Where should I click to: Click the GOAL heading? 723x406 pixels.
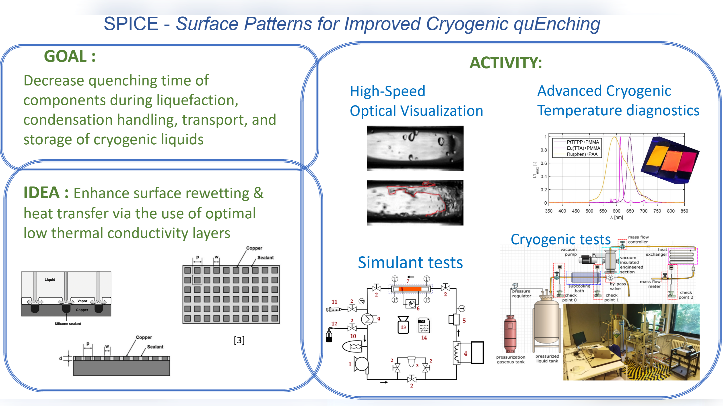[x=70, y=56]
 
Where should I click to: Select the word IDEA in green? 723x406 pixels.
[x=41, y=193]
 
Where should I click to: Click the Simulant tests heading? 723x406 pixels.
[x=410, y=263]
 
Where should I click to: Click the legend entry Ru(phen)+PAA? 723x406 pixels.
[x=582, y=154]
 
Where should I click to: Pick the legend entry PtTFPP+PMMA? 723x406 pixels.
[x=583, y=142]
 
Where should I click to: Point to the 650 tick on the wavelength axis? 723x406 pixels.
[x=630, y=211]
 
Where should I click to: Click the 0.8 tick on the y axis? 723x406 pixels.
[x=543, y=150]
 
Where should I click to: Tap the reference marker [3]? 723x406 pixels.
[x=239, y=340]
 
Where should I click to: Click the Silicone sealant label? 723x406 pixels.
[x=68, y=323]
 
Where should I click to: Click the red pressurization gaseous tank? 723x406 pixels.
[x=510, y=334]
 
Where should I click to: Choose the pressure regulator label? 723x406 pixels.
[x=521, y=293]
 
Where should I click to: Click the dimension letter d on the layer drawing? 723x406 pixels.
[x=60, y=358]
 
